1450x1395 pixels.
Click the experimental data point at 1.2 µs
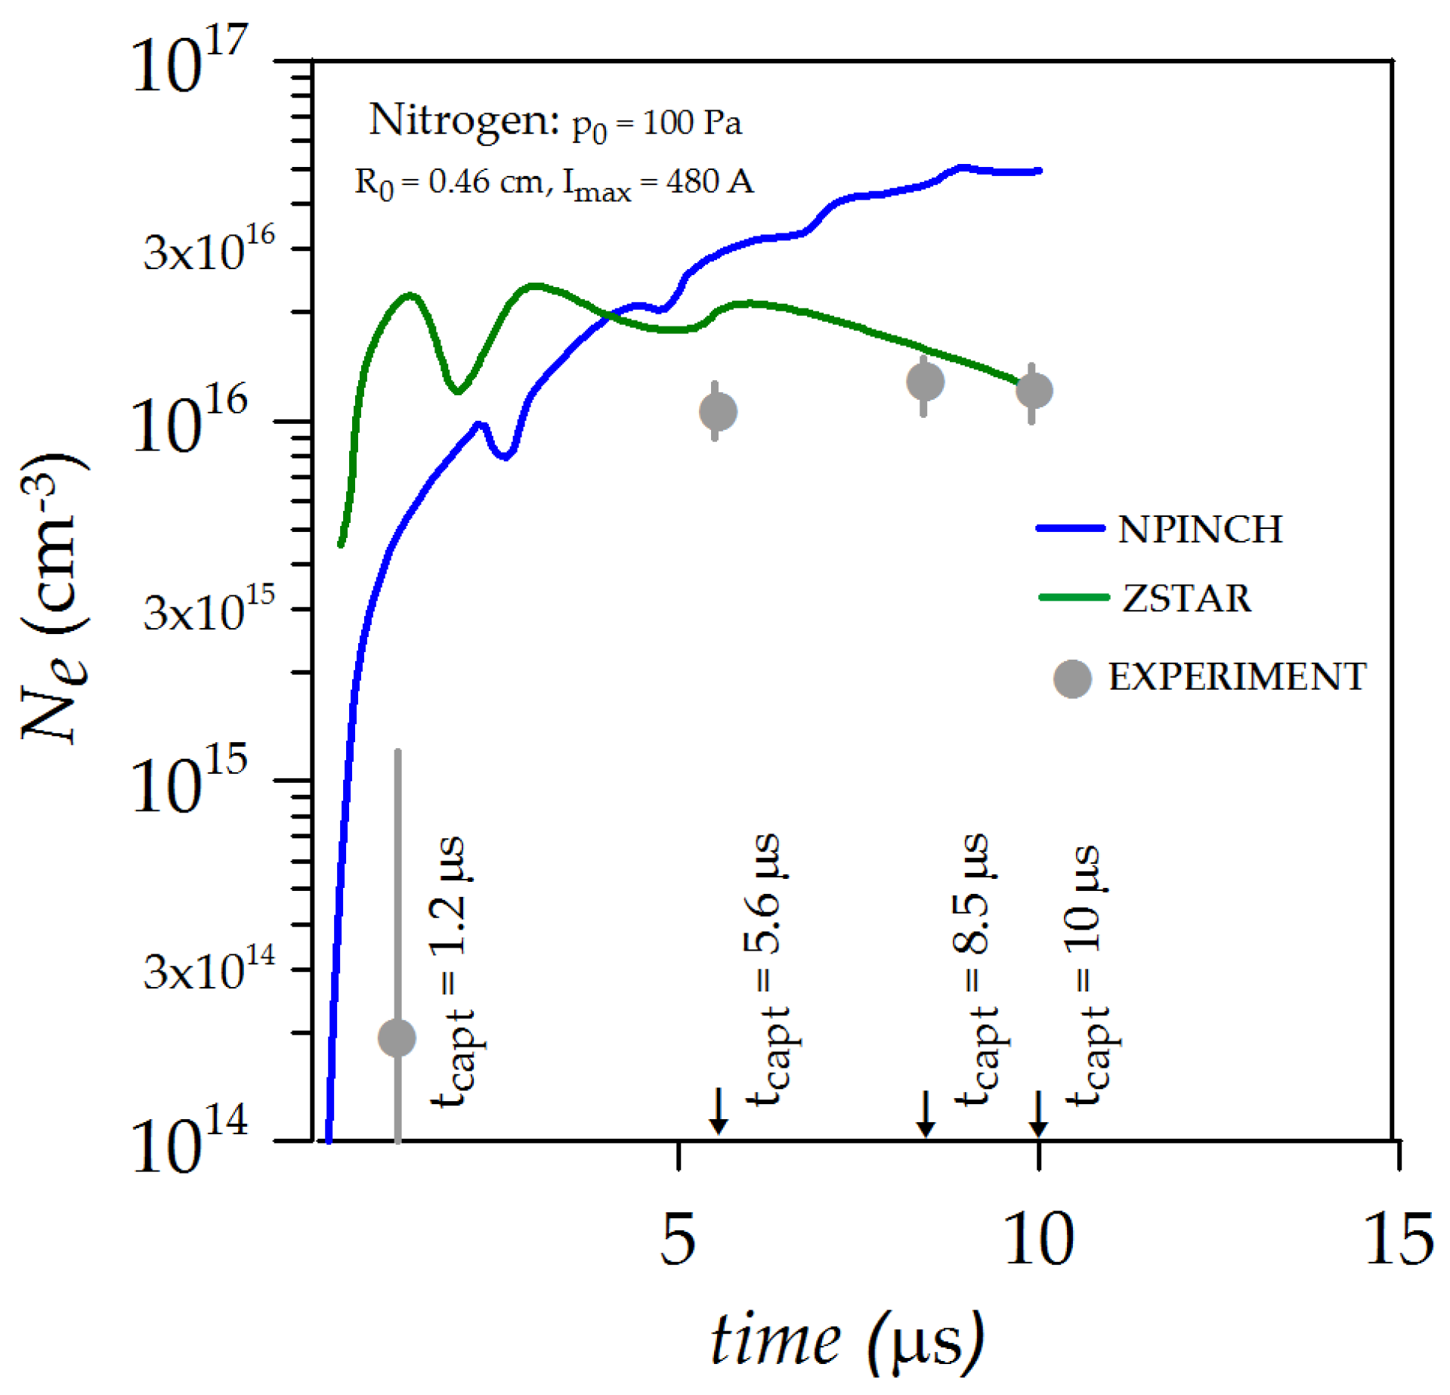click(x=397, y=1037)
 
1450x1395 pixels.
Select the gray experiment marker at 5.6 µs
click(x=718, y=411)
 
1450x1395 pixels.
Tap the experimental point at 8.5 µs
click(x=925, y=381)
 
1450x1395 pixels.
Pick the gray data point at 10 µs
click(x=1034, y=390)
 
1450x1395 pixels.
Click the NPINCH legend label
click(x=1200, y=529)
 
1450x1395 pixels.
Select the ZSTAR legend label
click(x=1186, y=598)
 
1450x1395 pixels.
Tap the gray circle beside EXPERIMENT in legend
click(x=1072, y=678)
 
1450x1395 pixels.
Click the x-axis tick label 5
click(x=677, y=1239)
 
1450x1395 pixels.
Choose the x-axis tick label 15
click(x=1399, y=1239)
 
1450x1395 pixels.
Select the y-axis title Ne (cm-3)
click(x=53, y=597)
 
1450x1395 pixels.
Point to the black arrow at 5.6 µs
click(x=719, y=1111)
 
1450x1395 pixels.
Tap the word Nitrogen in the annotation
click(x=463, y=121)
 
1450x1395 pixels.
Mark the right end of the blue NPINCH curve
click(x=1040, y=171)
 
